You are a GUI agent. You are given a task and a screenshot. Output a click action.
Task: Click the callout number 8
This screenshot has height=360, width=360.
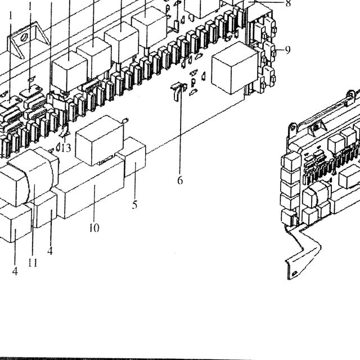[288, 4]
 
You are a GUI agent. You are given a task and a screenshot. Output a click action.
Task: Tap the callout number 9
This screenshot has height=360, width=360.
[288, 50]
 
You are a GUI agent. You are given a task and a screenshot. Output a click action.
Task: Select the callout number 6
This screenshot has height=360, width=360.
[180, 181]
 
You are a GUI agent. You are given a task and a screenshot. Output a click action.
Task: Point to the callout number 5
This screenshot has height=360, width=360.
[134, 205]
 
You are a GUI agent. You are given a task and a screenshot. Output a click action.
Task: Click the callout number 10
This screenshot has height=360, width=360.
[94, 228]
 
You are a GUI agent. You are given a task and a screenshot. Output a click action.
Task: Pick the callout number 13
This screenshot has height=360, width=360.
[66, 148]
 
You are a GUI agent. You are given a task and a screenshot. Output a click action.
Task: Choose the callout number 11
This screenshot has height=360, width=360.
[33, 262]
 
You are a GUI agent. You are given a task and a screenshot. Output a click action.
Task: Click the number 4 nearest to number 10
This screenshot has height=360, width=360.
[50, 251]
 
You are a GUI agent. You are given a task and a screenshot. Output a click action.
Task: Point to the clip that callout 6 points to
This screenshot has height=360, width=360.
[178, 91]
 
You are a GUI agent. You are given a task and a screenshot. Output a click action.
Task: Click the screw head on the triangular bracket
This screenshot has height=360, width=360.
[24, 38]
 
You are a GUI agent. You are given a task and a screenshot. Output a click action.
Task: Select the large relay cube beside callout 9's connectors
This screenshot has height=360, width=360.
[234, 67]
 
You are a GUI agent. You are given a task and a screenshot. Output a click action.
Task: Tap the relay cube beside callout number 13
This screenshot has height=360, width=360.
[99, 141]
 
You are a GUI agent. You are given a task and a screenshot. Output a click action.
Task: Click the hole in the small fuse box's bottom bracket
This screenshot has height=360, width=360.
[294, 273]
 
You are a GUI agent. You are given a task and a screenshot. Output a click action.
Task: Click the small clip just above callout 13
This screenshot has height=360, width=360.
[64, 132]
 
